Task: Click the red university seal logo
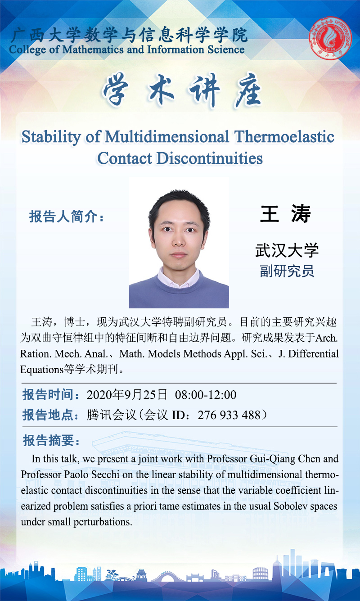(x=330, y=38)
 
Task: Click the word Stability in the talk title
(x=51, y=137)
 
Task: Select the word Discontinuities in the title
(x=210, y=158)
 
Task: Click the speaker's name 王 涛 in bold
(x=285, y=214)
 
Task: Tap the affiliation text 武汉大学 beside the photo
(x=287, y=250)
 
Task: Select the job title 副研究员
(x=287, y=271)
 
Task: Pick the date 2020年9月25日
(x=127, y=395)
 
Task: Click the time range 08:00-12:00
(x=206, y=395)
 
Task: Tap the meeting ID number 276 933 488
(x=229, y=415)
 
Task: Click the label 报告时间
(x=48, y=395)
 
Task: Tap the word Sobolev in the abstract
(x=290, y=506)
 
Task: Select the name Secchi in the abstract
(x=105, y=474)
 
